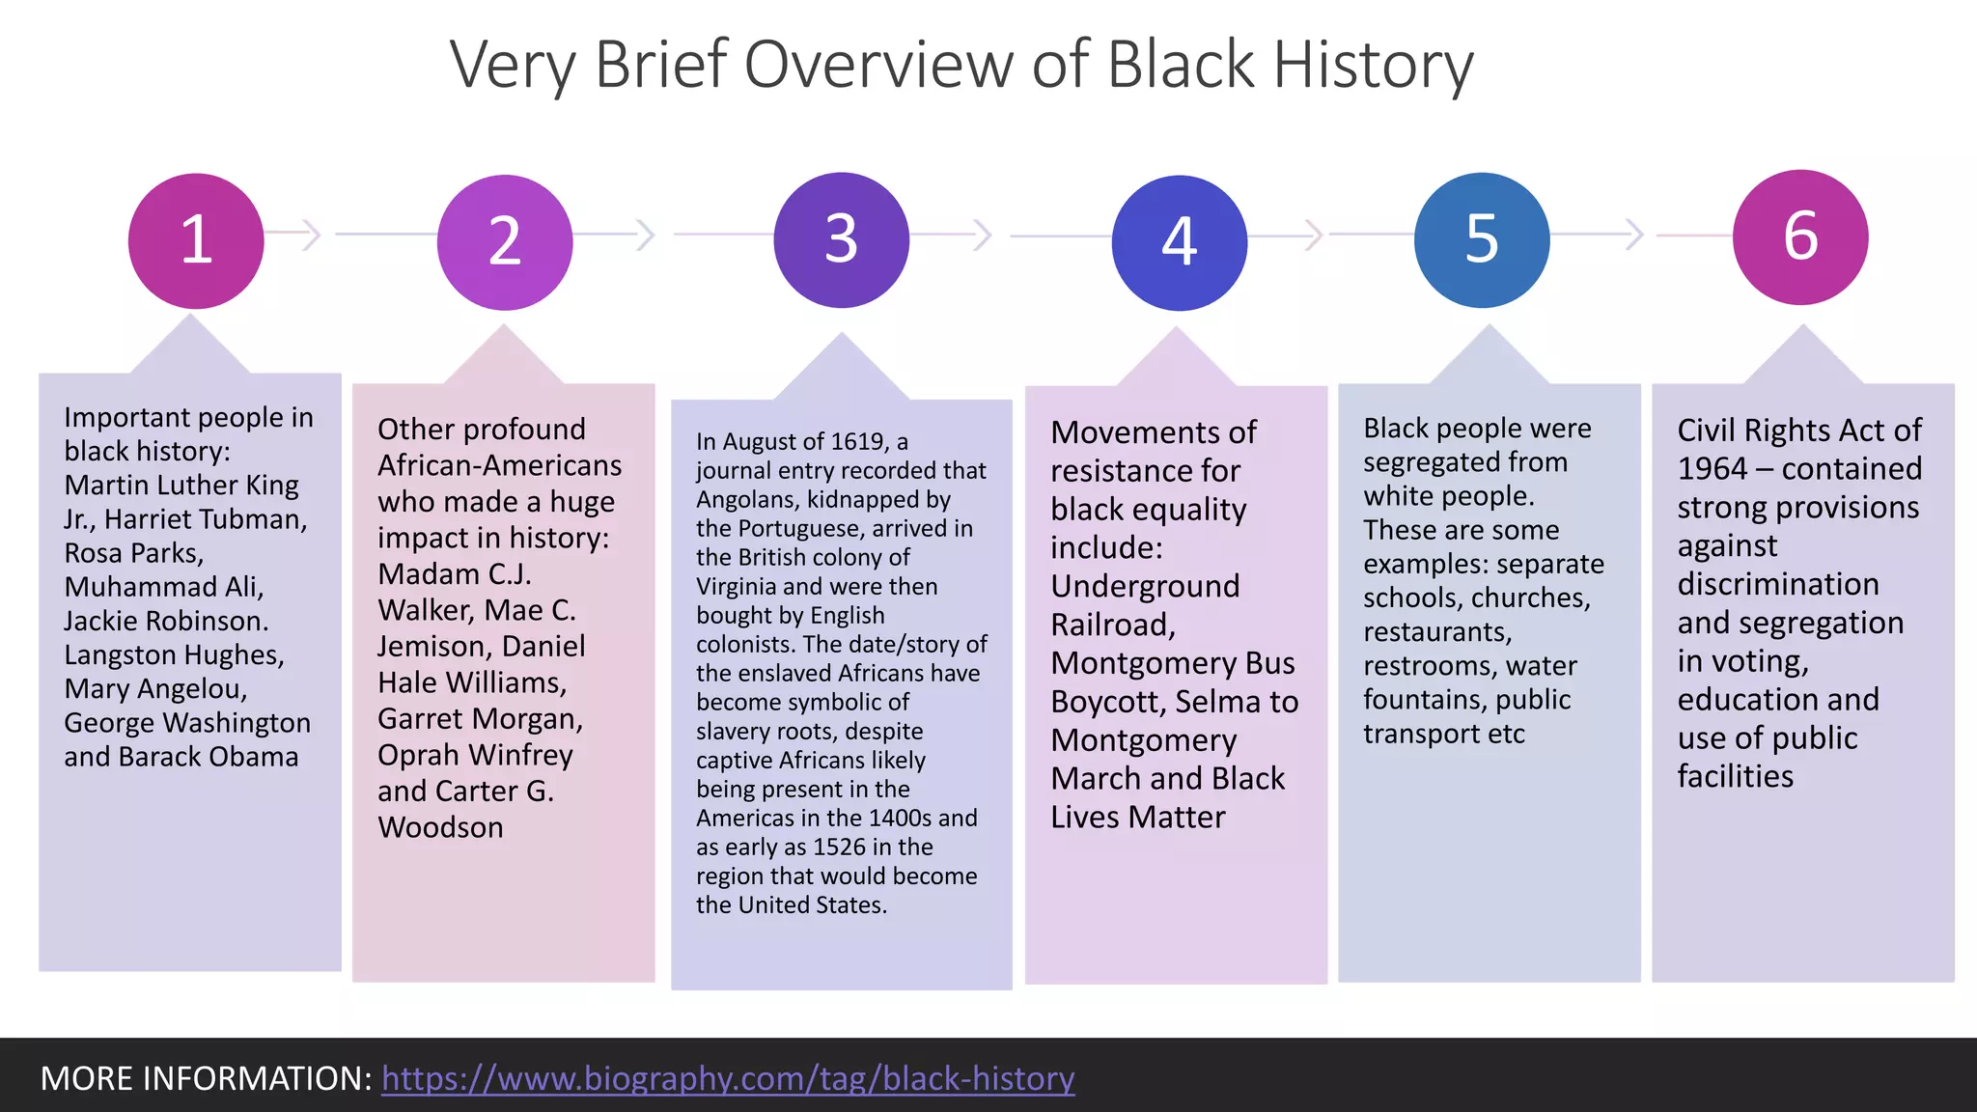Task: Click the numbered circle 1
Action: [x=196, y=240]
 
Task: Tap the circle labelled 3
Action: [x=841, y=239]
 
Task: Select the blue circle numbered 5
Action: [x=1482, y=239]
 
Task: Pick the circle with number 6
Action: [x=1799, y=236]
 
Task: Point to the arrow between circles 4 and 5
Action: [x=1312, y=235]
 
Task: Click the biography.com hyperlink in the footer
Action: [x=728, y=1078]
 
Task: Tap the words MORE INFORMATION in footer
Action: [x=206, y=1078]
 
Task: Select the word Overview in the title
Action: [x=880, y=66]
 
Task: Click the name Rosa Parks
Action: [x=133, y=553]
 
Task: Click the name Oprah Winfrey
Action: [x=475, y=755]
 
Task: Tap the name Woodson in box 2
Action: [x=440, y=827]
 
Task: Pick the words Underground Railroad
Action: [x=1145, y=605]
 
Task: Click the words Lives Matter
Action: [x=1137, y=817]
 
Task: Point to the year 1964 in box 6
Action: [x=1712, y=469]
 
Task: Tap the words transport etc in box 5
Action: [x=1443, y=734]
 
